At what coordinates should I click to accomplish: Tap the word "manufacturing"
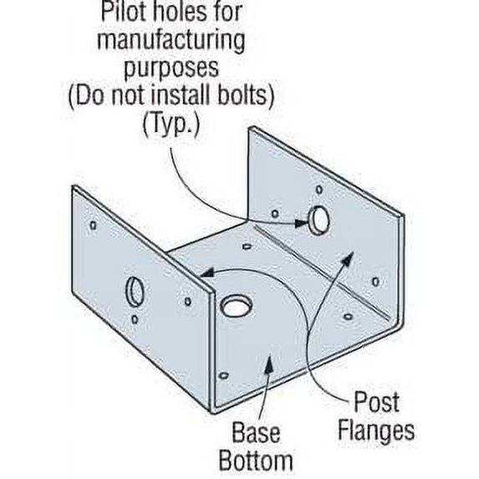tap(171, 41)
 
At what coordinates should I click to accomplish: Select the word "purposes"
tap(171, 69)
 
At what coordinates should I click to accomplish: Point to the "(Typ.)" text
tap(171, 124)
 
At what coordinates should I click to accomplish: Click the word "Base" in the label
tap(256, 433)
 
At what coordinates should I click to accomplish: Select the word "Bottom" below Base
tap(256, 461)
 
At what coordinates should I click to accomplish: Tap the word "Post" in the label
tap(376, 402)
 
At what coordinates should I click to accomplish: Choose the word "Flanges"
tap(376, 431)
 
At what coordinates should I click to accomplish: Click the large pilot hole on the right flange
tap(318, 220)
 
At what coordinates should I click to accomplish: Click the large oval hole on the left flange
tap(135, 292)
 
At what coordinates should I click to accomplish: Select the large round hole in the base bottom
tap(237, 306)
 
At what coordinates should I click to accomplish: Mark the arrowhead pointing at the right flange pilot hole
tap(302, 223)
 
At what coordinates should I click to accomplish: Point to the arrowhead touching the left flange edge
tap(207, 273)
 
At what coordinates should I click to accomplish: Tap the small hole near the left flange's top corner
tap(93, 226)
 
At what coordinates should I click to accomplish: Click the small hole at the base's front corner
tap(224, 375)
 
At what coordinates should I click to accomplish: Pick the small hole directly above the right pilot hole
tap(319, 190)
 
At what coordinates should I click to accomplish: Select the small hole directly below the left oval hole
tap(135, 319)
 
